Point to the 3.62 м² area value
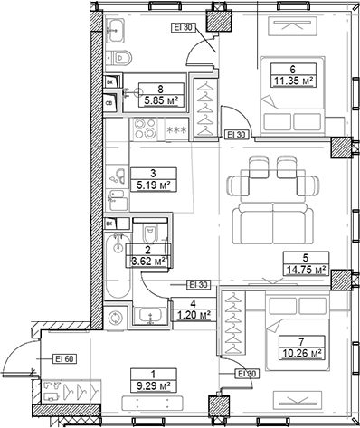[147, 262]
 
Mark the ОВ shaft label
[109, 102]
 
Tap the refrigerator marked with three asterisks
[177, 131]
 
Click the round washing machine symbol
[115, 319]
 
